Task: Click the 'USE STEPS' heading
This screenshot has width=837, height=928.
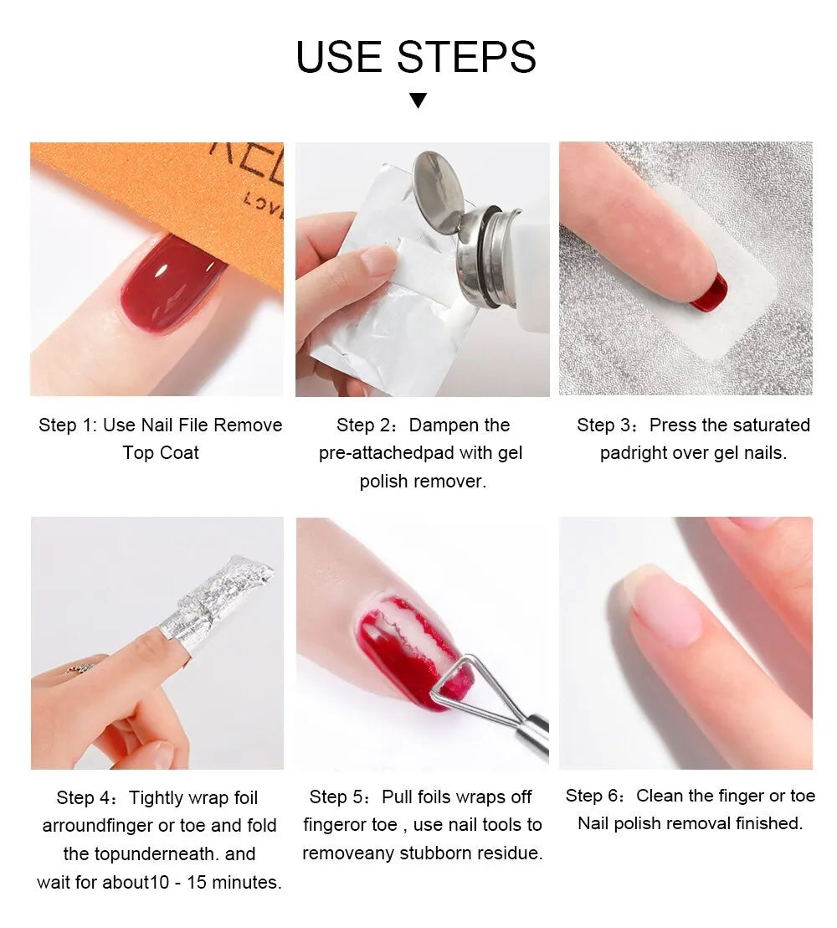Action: tap(416, 57)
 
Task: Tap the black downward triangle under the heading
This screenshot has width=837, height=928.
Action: tap(418, 101)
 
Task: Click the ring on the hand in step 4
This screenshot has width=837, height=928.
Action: tap(81, 668)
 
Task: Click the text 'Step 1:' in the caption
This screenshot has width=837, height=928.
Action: tap(68, 425)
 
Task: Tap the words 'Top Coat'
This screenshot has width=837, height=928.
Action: tap(161, 453)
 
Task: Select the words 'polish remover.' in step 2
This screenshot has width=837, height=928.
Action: tap(423, 482)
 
